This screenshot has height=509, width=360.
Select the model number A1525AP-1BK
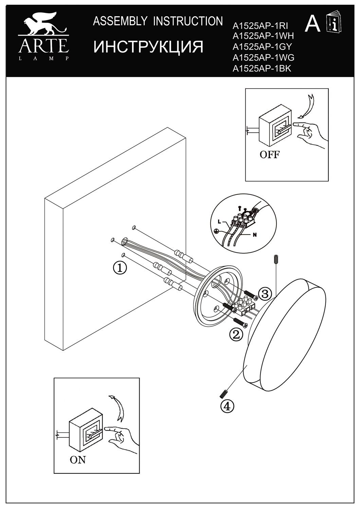coord(262,68)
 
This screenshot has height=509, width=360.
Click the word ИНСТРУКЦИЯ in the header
coord(148,47)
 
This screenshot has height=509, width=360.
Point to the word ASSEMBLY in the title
coord(120,21)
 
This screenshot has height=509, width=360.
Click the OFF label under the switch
coord(269,155)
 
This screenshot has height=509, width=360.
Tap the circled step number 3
coord(265,293)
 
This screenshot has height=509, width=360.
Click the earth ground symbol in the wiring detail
coord(216,231)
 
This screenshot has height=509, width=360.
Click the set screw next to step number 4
coord(223,394)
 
